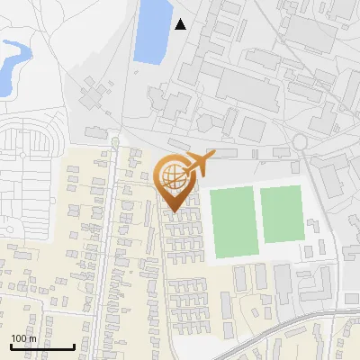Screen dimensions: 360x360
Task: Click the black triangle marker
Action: pyautogui.click(x=181, y=24)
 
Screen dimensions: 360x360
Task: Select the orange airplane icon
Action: pyautogui.click(x=197, y=165)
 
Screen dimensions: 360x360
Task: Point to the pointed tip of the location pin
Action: pyautogui.click(x=172, y=212)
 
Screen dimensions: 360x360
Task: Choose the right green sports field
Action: pyautogui.click(x=282, y=214)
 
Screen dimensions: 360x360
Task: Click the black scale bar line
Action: pyautogui.click(x=41, y=347)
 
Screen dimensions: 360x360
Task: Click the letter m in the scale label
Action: pyautogui.click(x=31, y=338)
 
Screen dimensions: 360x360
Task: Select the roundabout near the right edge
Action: pyautogui.click(x=299, y=142)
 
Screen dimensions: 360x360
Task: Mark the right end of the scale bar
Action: pyautogui.click(x=73, y=347)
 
